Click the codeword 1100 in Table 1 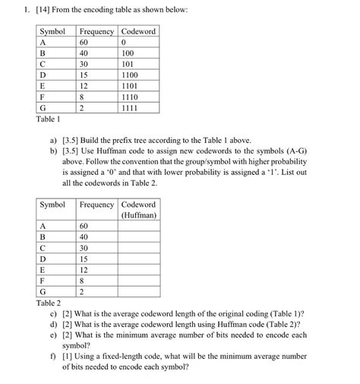tap(130, 76)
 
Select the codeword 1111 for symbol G tap(130, 109)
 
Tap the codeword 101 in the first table tap(128, 65)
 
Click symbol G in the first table tap(43, 109)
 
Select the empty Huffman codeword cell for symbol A tap(138, 227)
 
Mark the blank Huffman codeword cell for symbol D tap(138, 259)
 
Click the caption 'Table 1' tap(48, 120)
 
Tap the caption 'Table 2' tap(48, 302)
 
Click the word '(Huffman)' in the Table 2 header tap(138, 215)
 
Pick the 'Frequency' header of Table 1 tap(96, 32)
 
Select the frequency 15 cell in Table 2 tap(85, 259)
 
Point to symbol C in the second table tap(43, 248)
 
